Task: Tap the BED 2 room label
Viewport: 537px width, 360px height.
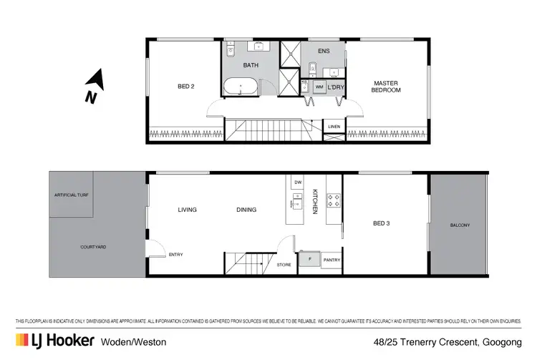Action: pyautogui.click(x=186, y=87)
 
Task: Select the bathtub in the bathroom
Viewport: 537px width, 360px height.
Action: pyautogui.click(x=241, y=89)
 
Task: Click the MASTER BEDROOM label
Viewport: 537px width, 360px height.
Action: pyautogui.click(x=385, y=87)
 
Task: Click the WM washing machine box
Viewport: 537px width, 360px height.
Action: pyautogui.click(x=319, y=87)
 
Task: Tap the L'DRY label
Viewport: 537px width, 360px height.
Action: pyautogui.click(x=337, y=87)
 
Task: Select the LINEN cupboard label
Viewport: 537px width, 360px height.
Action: pyautogui.click(x=334, y=127)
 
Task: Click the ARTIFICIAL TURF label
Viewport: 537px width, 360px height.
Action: pyautogui.click(x=73, y=195)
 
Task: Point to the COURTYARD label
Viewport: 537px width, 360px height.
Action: pyautogui.click(x=94, y=247)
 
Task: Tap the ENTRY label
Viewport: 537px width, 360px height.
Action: pyautogui.click(x=175, y=254)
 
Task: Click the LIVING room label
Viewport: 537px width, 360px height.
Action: pyautogui.click(x=188, y=210)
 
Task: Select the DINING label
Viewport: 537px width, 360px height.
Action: pyautogui.click(x=246, y=210)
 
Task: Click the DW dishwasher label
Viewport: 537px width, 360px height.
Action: pyautogui.click(x=298, y=183)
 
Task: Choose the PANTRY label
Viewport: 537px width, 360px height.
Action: pyautogui.click(x=332, y=260)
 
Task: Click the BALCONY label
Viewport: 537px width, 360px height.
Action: pyautogui.click(x=460, y=225)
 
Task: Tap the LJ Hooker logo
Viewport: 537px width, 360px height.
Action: pyautogui.click(x=54, y=341)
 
